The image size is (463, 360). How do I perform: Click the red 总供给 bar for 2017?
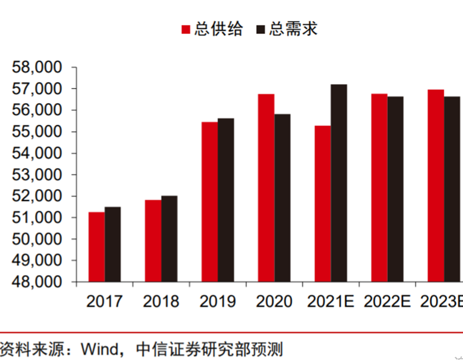[x=96, y=247]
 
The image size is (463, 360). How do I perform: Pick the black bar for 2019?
[x=225, y=200]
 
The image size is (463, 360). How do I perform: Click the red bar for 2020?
[x=266, y=188]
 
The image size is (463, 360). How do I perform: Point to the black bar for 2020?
[x=282, y=198]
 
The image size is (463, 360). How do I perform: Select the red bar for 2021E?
[x=323, y=203]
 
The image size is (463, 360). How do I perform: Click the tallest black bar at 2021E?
[x=339, y=183]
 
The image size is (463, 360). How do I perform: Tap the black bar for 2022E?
[x=395, y=189]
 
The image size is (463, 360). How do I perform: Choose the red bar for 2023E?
[x=436, y=186]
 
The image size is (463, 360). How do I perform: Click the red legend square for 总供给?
[x=186, y=29]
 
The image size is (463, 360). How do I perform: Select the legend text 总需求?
[x=293, y=29]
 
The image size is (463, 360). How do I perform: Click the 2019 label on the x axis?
[x=218, y=301]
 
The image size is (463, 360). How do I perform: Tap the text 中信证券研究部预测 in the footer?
[x=209, y=349]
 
